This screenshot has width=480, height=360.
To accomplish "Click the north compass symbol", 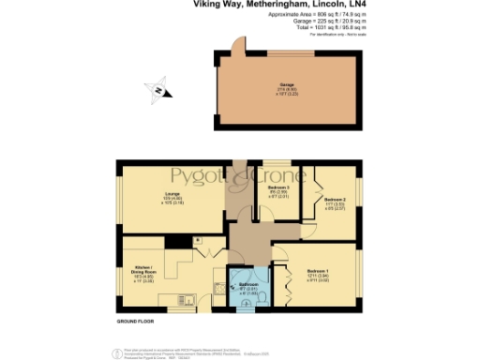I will click(158, 91).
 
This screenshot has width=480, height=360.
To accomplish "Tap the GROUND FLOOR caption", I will click(136, 321).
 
